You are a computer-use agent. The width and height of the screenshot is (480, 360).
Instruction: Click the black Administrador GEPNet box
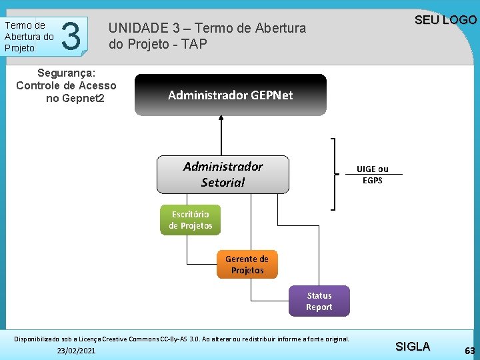[231, 95]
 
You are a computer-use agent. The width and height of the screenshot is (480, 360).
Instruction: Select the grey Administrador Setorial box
[223, 174]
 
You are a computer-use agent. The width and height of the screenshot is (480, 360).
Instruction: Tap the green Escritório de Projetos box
[190, 220]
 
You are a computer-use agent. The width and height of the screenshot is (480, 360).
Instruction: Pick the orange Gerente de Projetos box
[247, 265]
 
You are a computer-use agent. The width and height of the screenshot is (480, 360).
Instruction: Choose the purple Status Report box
[319, 301]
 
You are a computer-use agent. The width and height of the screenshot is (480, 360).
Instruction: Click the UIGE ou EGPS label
[372, 175]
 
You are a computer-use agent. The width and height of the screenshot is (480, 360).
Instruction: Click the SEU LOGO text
[445, 19]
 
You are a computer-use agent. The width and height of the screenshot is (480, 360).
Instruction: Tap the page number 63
[470, 351]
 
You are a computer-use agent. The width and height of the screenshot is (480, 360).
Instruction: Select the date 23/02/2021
[76, 351]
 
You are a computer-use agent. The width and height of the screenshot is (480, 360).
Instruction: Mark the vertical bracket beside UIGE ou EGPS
[334, 173]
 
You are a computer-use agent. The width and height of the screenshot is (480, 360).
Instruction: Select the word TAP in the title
[197, 44]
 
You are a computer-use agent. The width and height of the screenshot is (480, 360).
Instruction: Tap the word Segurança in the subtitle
[67, 71]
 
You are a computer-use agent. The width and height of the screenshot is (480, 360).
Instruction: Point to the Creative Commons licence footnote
[181, 339]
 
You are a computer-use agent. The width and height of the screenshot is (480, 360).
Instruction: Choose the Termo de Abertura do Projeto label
[29, 36]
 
